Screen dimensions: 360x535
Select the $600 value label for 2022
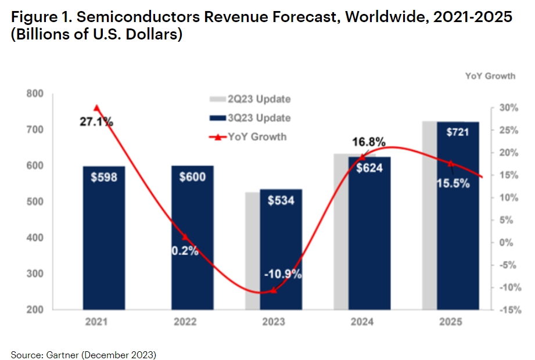[192, 177]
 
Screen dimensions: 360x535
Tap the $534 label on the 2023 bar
[281, 201]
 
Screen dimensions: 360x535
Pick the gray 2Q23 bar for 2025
[429, 221]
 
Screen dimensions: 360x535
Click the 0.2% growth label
[184, 251]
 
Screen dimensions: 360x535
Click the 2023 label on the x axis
[281, 322]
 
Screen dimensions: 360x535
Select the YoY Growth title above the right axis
[490, 76]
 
